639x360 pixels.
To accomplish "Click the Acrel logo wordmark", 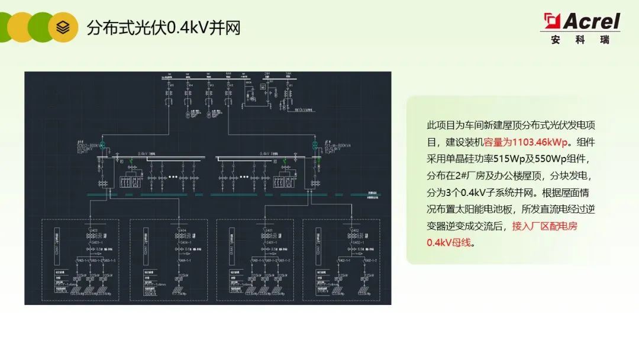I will pos(591,21).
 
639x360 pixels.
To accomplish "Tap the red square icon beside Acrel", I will pos(553,21).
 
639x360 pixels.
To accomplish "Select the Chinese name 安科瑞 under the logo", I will pos(579,40).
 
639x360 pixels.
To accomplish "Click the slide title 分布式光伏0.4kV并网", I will pos(163,27).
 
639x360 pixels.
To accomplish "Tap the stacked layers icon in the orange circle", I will pos(63,27).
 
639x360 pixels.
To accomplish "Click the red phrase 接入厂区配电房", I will pos(544,226).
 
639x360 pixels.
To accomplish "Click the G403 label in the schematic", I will pos(94,230).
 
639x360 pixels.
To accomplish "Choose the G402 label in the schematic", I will pos(355,230).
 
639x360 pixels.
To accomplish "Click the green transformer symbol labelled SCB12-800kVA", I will pos(101,145).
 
